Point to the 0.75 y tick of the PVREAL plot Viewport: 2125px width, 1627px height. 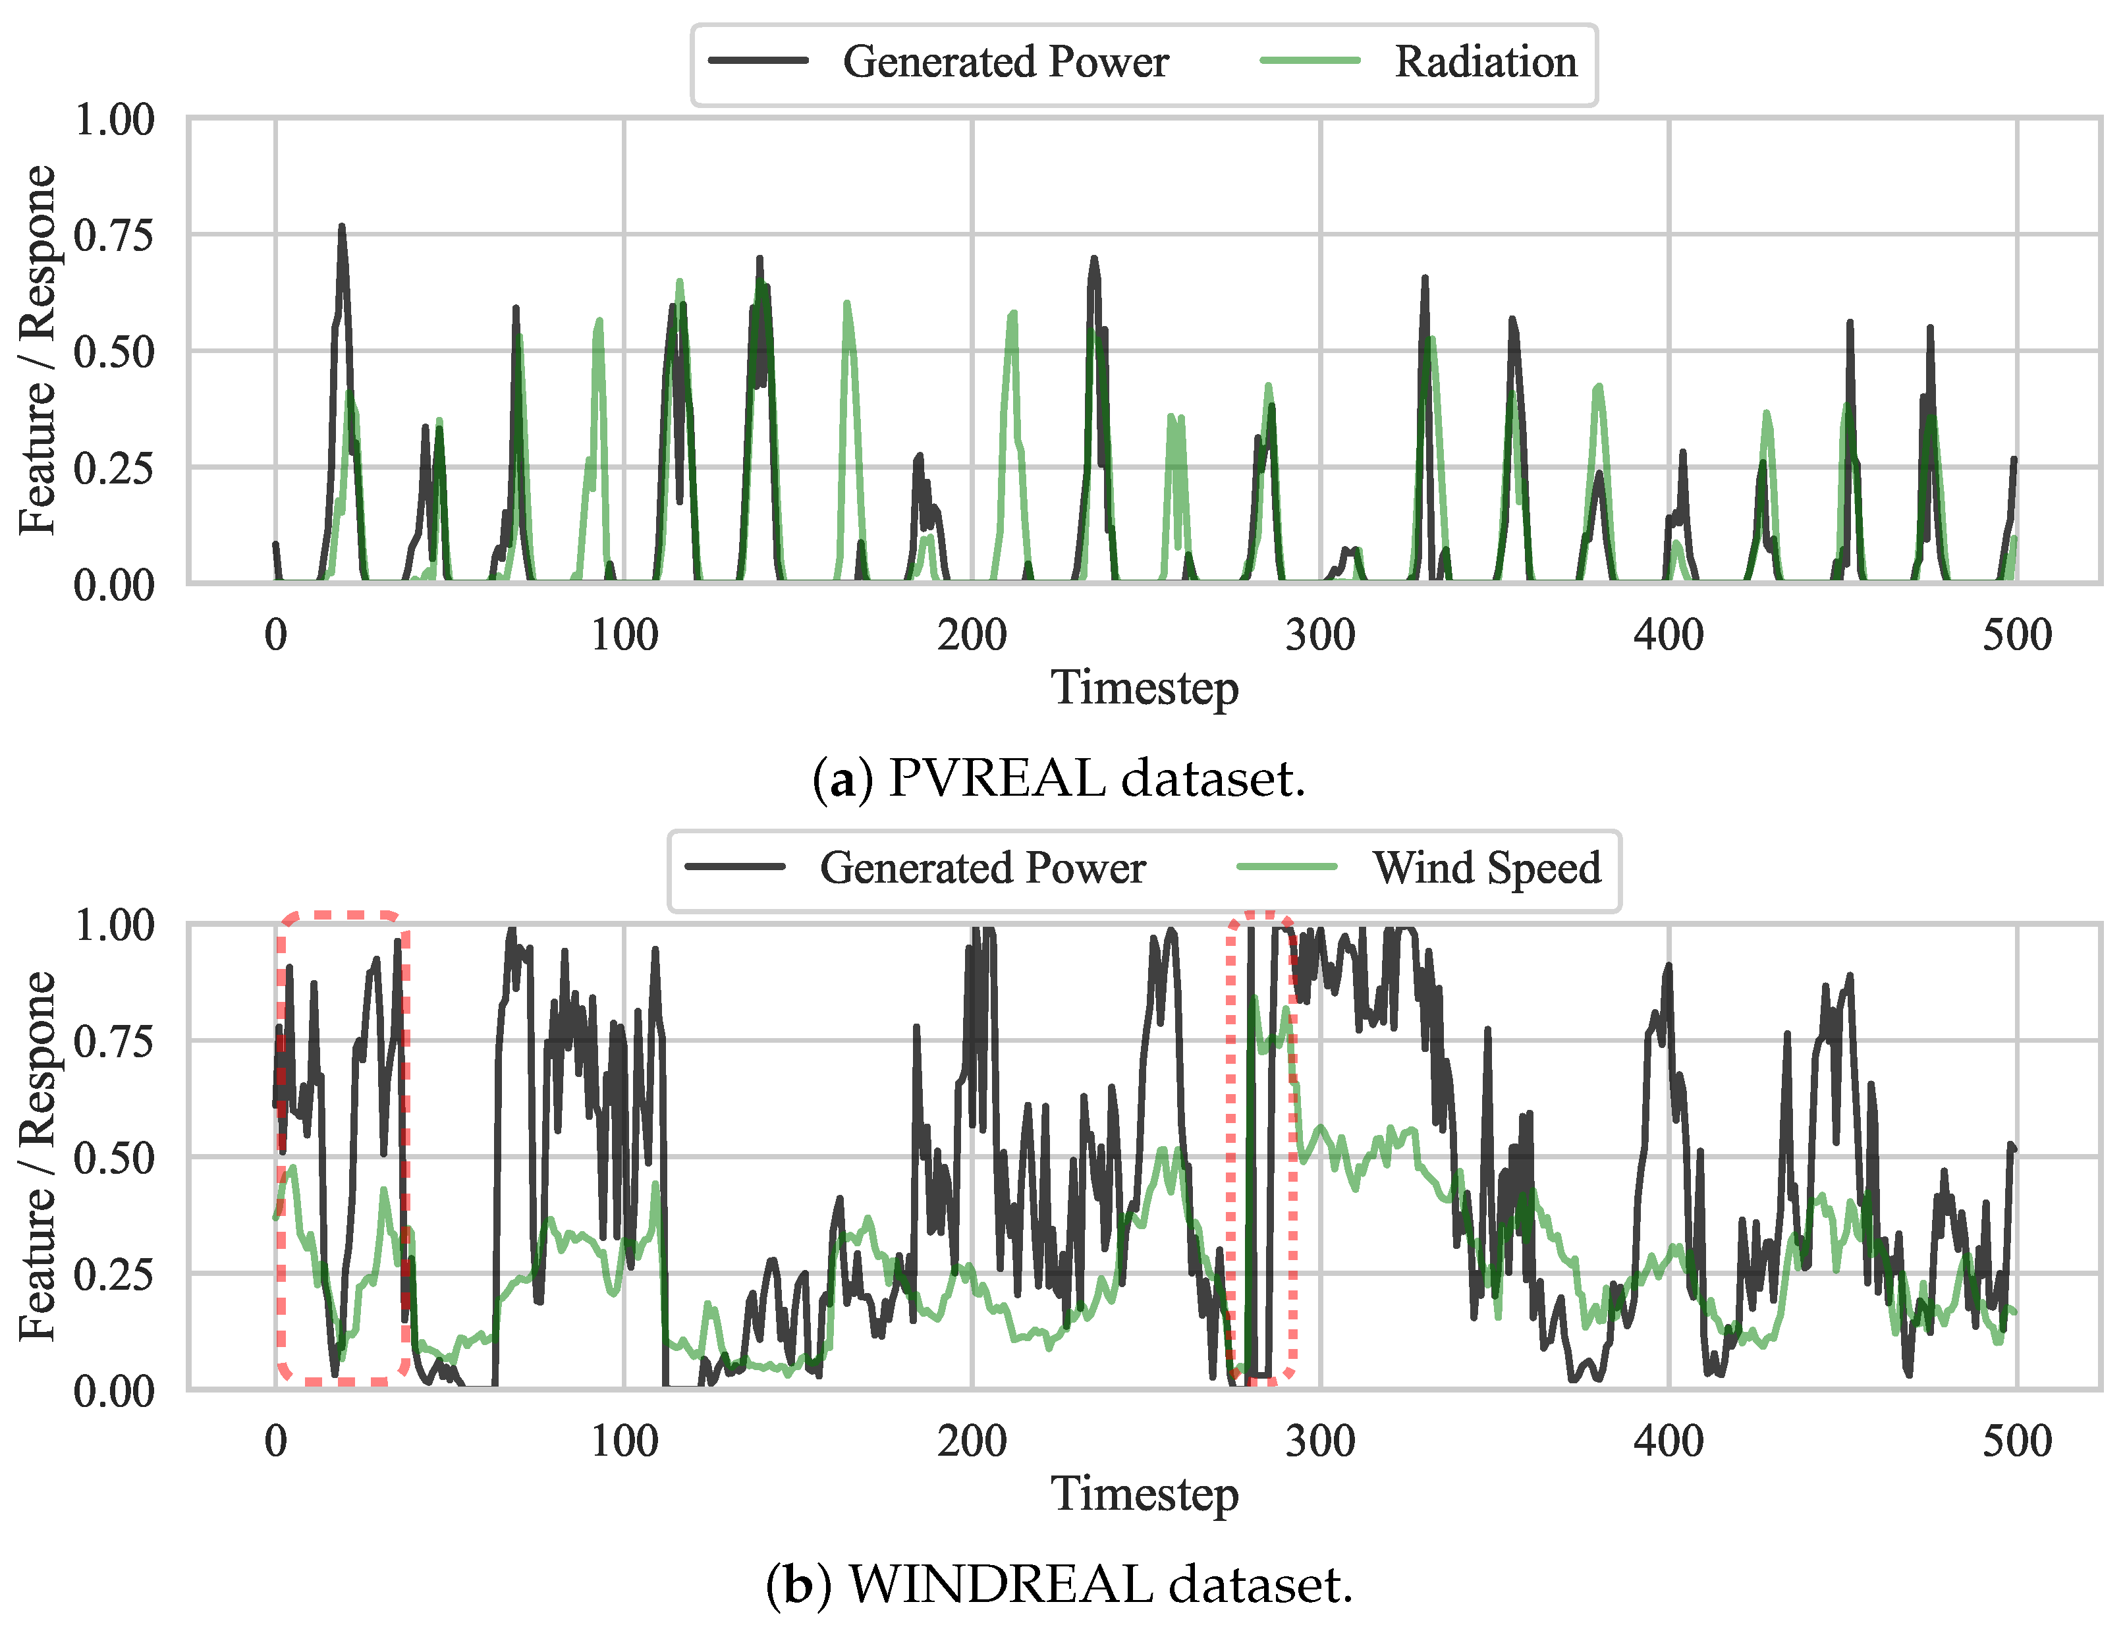click(115, 235)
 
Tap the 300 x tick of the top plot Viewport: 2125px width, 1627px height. click(1319, 635)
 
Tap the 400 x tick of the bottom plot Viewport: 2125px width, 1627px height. click(1668, 1441)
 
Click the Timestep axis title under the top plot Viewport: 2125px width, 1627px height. click(1144, 688)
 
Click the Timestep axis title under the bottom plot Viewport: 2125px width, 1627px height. click(1144, 1493)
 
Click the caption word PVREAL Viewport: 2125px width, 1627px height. click(997, 779)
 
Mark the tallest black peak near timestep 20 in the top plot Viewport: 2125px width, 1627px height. click(342, 229)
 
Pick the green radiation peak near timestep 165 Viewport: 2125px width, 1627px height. click(848, 305)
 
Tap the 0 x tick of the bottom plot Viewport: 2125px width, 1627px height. click(276, 1441)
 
